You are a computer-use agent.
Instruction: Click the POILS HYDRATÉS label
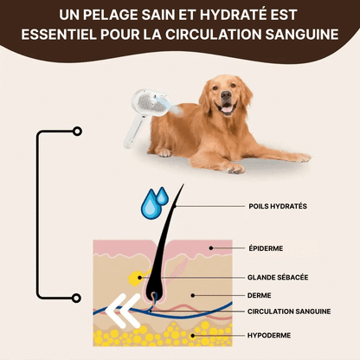tap(277, 206)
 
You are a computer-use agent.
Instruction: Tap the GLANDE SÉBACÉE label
tap(278, 278)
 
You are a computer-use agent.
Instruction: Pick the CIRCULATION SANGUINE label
tap(287, 311)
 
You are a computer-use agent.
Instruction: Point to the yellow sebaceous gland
tap(135, 278)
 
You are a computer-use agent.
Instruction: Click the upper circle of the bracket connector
tap(77, 132)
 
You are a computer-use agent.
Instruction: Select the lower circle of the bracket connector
tap(77, 298)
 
